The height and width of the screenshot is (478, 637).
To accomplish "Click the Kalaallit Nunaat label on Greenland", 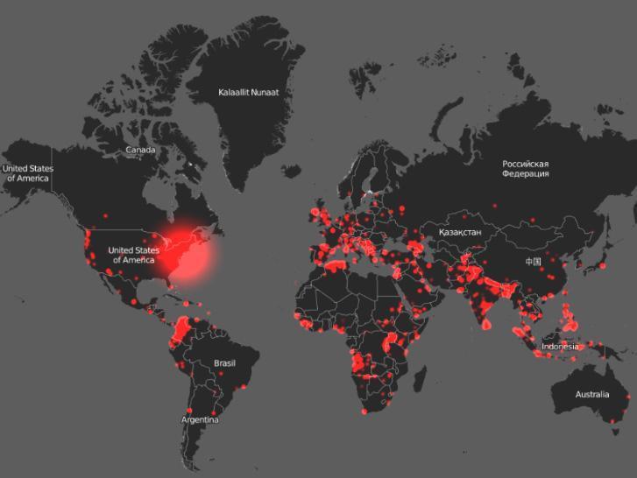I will (x=255, y=91).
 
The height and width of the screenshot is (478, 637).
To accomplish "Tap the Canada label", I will (x=140, y=150).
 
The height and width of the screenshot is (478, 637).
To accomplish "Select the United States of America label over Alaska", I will (x=27, y=172).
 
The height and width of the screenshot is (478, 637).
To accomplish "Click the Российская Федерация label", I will (x=526, y=168).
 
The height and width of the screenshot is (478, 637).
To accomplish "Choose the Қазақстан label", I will (x=454, y=232).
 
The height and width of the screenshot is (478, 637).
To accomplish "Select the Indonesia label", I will (x=560, y=346).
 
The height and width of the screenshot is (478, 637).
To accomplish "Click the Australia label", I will (x=591, y=395).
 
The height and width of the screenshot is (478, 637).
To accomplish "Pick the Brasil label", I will (x=225, y=362).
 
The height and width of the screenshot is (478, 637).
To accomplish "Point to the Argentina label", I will (x=200, y=419).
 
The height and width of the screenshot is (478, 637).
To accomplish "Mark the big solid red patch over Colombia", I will (x=183, y=330).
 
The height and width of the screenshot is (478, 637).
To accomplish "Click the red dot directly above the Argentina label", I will (x=190, y=409).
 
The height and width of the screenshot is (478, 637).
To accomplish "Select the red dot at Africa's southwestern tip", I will (x=364, y=410).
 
